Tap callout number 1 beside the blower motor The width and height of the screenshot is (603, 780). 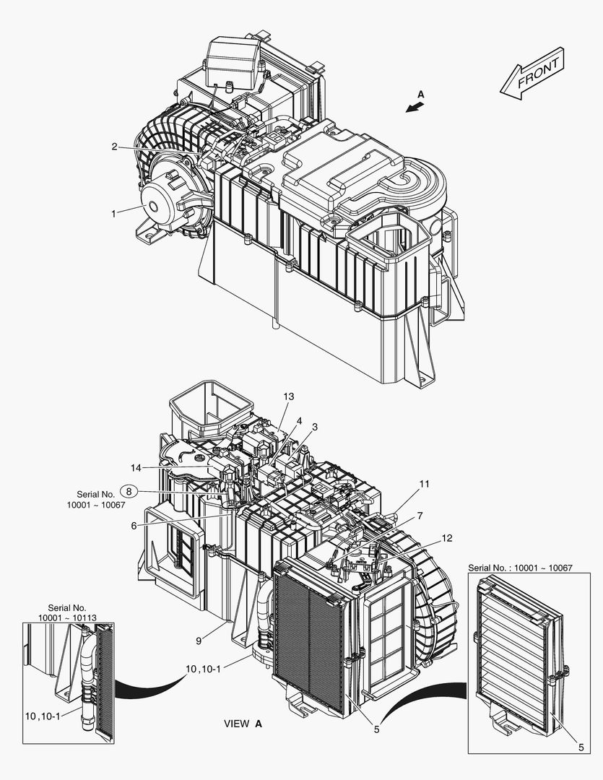(113, 213)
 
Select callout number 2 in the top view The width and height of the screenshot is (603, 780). (114, 147)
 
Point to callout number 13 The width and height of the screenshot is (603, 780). (289, 396)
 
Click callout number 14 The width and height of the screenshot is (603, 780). (135, 467)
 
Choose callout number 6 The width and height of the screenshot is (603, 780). (134, 526)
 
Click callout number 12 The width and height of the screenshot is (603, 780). (448, 537)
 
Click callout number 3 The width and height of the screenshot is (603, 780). (314, 427)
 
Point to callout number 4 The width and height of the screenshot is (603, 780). (298, 420)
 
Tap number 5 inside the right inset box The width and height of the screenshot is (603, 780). (581, 747)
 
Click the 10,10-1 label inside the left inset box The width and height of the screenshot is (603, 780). (43, 715)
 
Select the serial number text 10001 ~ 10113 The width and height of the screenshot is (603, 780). (67, 617)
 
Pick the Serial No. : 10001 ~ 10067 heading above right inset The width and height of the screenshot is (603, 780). (520, 568)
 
